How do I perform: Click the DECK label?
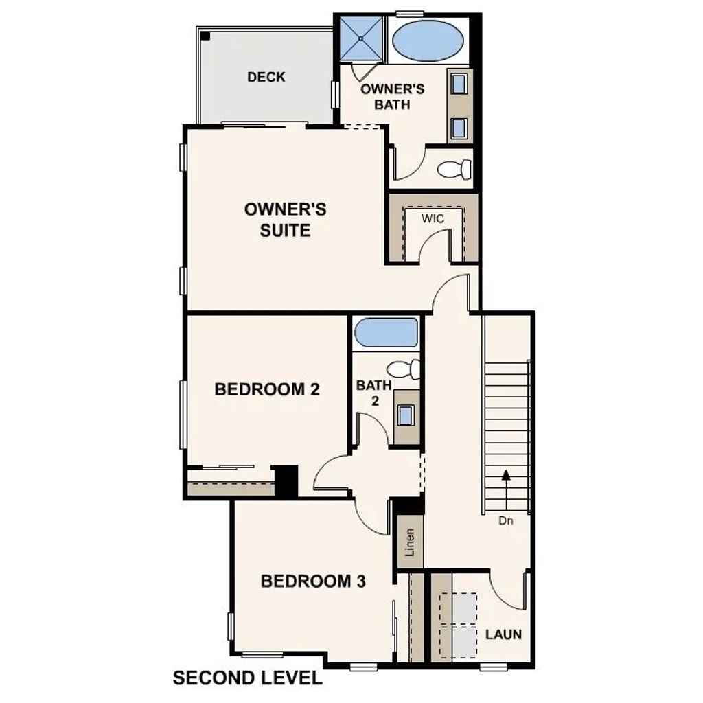(x=266, y=77)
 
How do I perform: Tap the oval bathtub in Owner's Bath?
(x=427, y=42)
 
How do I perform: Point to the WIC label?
(x=433, y=218)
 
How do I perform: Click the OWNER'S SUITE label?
(x=286, y=220)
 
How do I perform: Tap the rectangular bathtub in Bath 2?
(x=386, y=332)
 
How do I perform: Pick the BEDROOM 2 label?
(x=267, y=390)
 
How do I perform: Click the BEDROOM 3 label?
(x=313, y=582)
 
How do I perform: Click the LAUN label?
(x=503, y=634)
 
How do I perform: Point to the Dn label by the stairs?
(x=506, y=521)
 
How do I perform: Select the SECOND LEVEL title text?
(x=247, y=678)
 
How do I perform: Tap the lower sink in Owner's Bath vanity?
(x=459, y=127)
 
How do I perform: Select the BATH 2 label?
(x=374, y=393)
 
